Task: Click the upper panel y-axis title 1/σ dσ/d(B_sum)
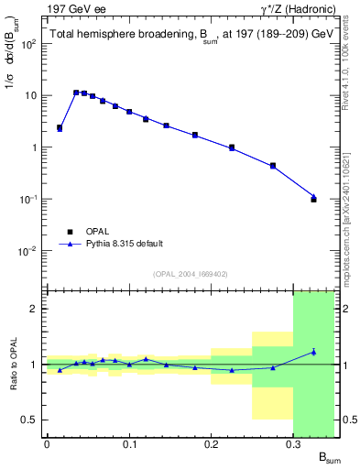click(x=12, y=82)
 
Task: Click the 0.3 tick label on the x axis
click(x=294, y=444)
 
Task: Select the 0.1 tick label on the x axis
click(x=128, y=444)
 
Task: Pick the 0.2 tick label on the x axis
click(x=212, y=444)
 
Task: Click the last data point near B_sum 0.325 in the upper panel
click(x=313, y=198)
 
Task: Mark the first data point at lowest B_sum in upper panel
click(x=60, y=128)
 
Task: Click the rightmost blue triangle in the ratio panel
click(x=313, y=352)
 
